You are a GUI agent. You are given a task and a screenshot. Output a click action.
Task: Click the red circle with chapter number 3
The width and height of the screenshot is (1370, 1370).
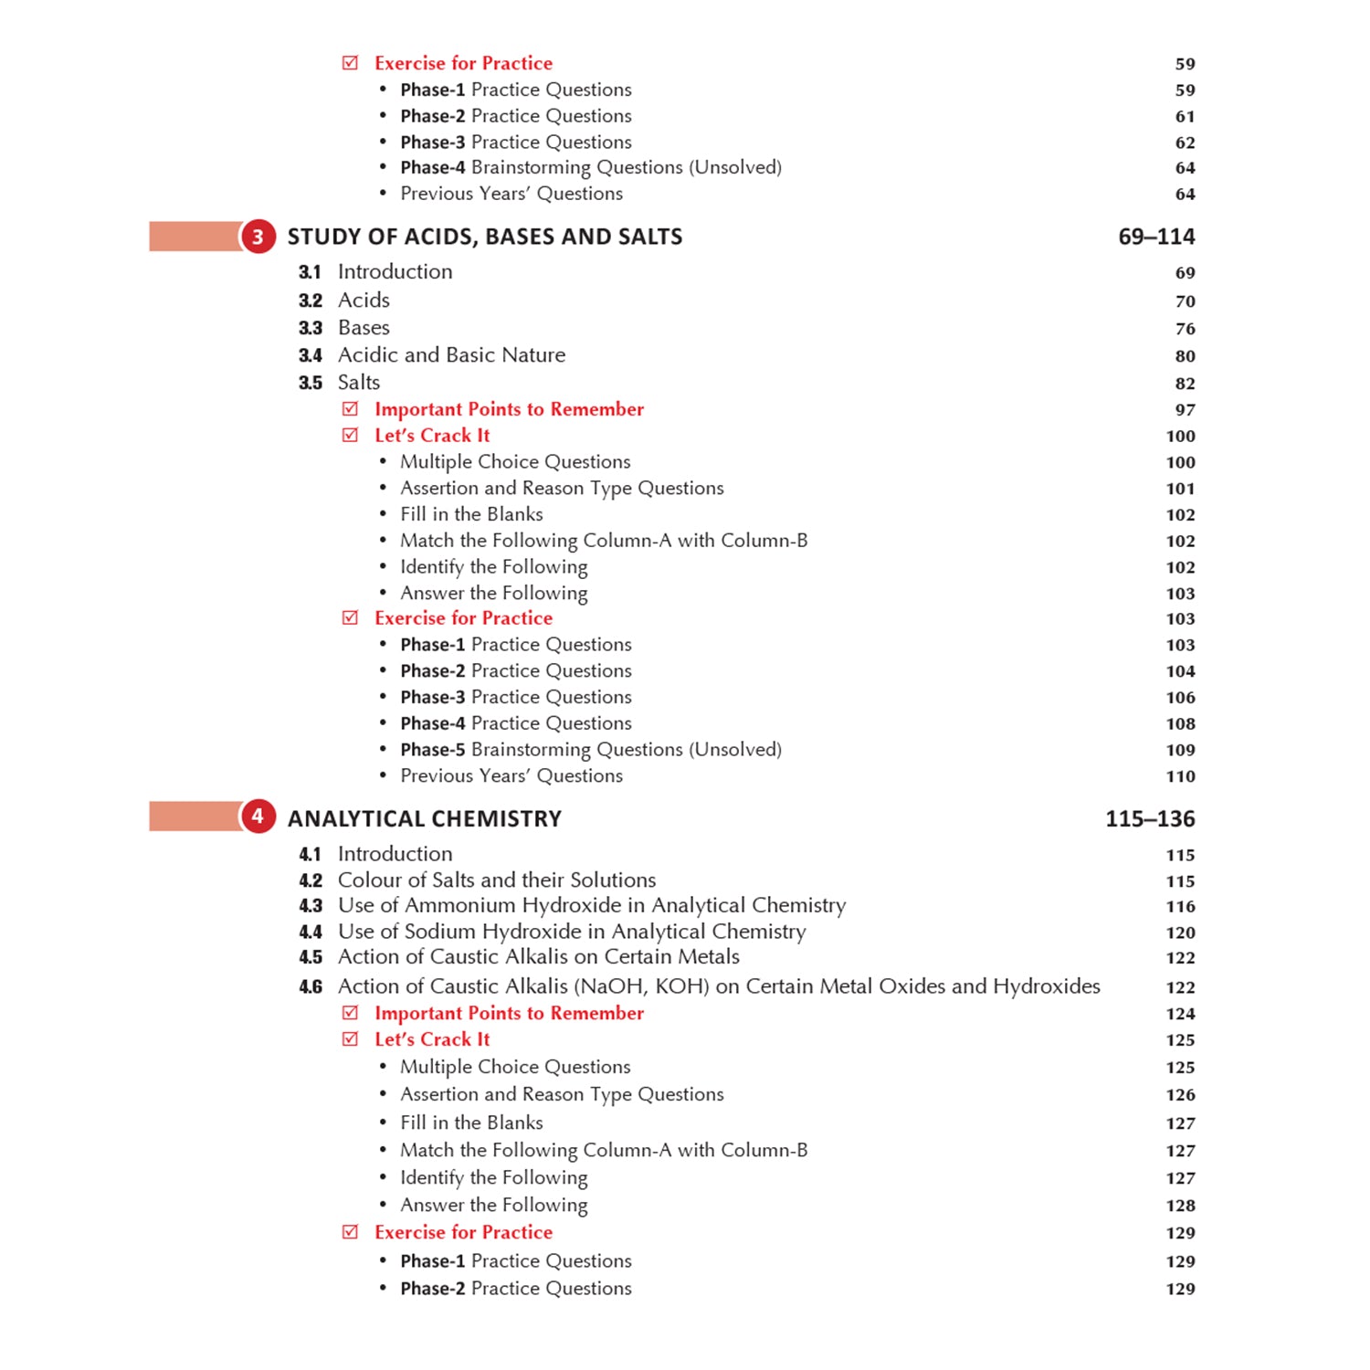pos(258,237)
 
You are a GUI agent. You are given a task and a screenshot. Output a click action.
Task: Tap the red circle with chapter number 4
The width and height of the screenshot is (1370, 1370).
pos(258,817)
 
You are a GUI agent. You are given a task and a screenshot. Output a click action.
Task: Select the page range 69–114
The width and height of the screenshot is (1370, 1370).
pos(1155,237)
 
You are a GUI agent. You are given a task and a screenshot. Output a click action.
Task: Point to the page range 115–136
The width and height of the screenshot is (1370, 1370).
pos(1149,818)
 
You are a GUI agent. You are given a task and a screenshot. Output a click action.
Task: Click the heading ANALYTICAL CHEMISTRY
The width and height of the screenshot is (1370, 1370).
pos(425,818)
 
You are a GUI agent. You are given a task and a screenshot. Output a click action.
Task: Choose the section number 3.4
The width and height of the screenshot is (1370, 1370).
pos(311,355)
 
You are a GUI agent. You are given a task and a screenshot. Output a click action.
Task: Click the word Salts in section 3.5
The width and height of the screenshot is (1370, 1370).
pos(359,383)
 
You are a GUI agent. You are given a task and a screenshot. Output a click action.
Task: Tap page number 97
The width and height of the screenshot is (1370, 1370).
pos(1185,410)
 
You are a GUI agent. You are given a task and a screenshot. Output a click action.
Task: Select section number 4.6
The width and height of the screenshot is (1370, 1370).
pos(311,987)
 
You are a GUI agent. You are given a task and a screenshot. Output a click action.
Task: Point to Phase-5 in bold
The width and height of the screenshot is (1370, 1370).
pos(432,750)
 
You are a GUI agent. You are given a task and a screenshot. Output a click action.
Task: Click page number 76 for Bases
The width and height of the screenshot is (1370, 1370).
pos(1185,329)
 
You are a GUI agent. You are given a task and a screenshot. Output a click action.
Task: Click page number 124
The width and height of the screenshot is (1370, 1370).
pos(1180,1014)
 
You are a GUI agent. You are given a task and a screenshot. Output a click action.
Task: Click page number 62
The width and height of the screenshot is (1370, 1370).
pos(1185,142)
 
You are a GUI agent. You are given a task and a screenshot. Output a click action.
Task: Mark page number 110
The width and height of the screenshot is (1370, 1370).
pos(1180,776)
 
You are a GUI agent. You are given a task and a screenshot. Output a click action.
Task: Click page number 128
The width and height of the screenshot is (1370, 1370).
pos(1180,1206)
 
